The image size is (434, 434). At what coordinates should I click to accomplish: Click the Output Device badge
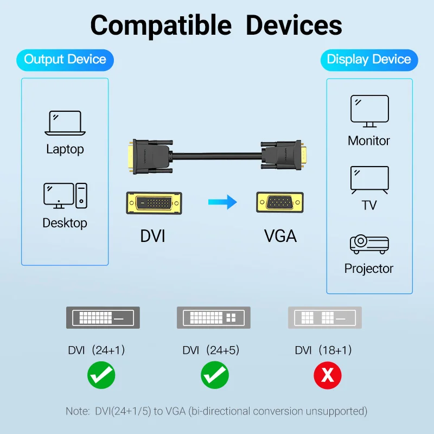click(65, 60)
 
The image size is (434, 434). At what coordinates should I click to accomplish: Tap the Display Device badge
click(369, 60)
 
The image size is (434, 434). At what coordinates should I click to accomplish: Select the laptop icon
click(65, 123)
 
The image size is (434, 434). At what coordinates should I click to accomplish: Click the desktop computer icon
click(65, 195)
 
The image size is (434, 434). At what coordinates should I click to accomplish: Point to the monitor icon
click(369, 110)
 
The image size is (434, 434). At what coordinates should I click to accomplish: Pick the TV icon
click(369, 180)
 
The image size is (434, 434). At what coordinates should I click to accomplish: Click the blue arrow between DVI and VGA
click(223, 203)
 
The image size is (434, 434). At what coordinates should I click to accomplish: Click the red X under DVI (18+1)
click(328, 375)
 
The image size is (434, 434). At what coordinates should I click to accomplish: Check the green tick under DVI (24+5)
click(215, 375)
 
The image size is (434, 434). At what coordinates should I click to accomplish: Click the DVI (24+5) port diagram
click(214, 317)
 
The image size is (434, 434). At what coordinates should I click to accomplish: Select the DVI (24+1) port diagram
click(103, 317)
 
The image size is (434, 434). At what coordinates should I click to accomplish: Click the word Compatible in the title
click(161, 25)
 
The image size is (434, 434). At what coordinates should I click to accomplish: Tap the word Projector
click(369, 269)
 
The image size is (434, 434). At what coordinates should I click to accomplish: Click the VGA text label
click(280, 236)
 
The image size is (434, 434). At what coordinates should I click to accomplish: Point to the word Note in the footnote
click(76, 411)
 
